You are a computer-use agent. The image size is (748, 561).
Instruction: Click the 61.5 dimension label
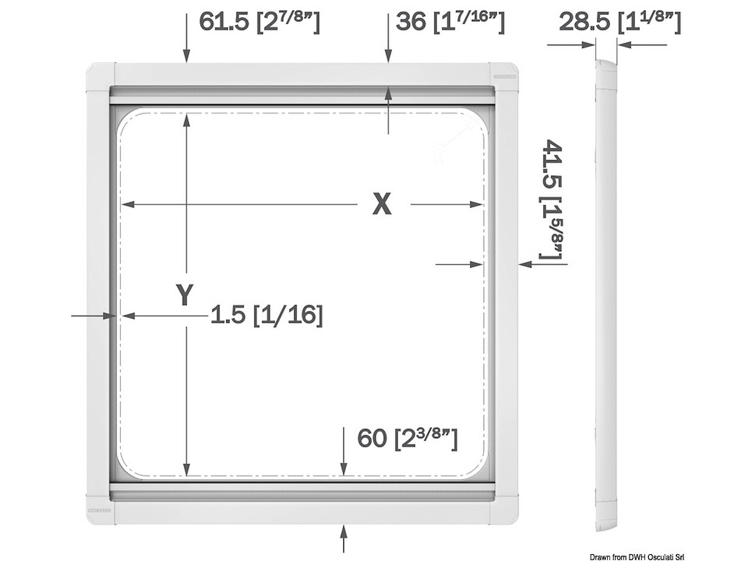tap(259, 22)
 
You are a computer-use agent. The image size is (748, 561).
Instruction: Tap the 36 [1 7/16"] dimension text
tap(450, 22)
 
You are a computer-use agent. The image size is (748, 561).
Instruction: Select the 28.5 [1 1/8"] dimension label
tap(620, 22)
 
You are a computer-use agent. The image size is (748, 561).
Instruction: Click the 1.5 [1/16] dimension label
tap(267, 315)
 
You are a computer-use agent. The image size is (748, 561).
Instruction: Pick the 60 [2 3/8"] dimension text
tap(408, 439)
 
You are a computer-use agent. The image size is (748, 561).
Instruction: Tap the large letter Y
tap(185, 294)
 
